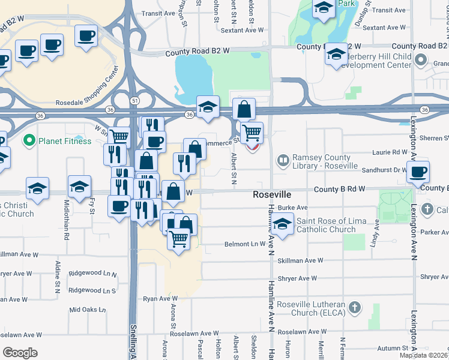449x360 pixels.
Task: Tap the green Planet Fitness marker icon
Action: tap(28, 141)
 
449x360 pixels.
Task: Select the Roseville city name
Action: tap(272, 196)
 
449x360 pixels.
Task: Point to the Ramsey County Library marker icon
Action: tap(283, 160)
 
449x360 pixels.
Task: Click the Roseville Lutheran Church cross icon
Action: tap(355, 308)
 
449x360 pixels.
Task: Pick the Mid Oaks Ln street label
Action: tap(88, 310)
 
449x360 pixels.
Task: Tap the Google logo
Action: tap(20, 353)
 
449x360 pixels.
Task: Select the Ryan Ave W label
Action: tap(160, 298)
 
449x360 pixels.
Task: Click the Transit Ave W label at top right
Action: tap(389, 10)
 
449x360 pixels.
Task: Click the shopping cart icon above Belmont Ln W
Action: tap(179, 240)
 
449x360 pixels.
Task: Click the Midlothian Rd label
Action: tap(66, 210)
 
